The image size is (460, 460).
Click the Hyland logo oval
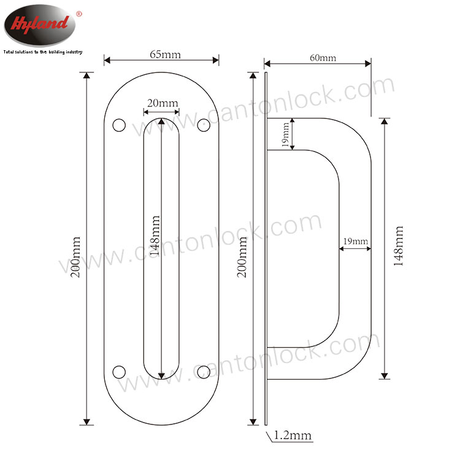point(40,25)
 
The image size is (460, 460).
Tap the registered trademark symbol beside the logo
point(79,13)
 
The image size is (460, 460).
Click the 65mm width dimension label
point(165,55)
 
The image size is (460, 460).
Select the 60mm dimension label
point(323,58)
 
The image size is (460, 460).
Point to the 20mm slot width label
point(163,103)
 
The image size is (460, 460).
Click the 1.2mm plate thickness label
point(293,435)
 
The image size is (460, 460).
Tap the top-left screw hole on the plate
point(119,125)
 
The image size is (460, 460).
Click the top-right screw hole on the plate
point(204,125)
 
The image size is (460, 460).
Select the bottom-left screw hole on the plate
point(119,372)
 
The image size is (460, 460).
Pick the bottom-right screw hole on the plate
point(204,372)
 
